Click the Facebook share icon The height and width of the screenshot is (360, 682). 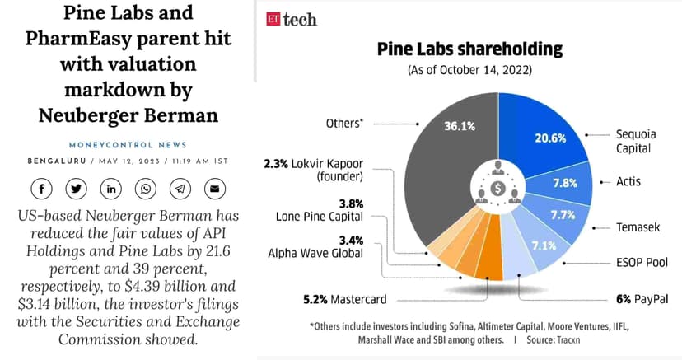41,189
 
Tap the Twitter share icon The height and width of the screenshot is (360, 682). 76,189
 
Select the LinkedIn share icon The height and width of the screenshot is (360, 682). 110,189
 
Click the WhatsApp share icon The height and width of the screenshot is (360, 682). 146,189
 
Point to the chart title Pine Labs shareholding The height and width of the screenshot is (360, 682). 469,49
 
